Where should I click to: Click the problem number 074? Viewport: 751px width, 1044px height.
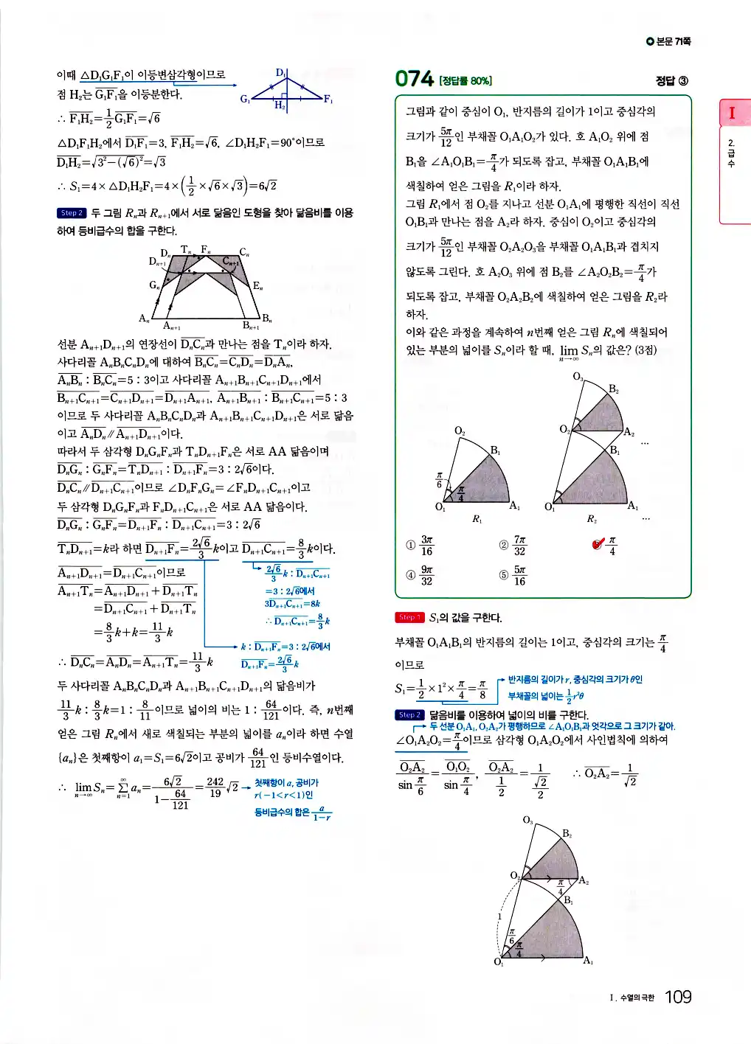[414, 79]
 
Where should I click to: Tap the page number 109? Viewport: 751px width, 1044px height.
[678, 997]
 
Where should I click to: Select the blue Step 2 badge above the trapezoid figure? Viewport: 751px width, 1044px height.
[72, 213]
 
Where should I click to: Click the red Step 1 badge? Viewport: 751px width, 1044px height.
[409, 617]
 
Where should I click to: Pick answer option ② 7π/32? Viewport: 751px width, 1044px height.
[513, 546]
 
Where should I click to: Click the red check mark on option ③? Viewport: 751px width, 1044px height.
[598, 544]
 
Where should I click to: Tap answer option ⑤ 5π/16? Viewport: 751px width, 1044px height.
[513, 575]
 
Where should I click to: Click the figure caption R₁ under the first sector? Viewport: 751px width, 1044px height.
[477, 520]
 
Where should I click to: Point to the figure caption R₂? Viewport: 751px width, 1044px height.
[592, 520]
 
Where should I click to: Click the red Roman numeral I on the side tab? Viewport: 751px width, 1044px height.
[732, 113]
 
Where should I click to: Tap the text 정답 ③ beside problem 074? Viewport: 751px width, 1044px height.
[671, 80]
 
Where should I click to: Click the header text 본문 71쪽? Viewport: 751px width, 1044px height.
[669, 42]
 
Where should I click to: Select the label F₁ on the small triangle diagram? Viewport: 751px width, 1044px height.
[328, 100]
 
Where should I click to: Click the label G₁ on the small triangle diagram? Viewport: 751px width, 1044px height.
[245, 99]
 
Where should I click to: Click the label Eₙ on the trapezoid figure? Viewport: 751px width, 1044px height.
[257, 285]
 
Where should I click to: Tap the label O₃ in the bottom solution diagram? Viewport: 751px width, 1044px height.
[527, 820]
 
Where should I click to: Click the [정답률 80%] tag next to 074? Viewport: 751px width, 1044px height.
[466, 81]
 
